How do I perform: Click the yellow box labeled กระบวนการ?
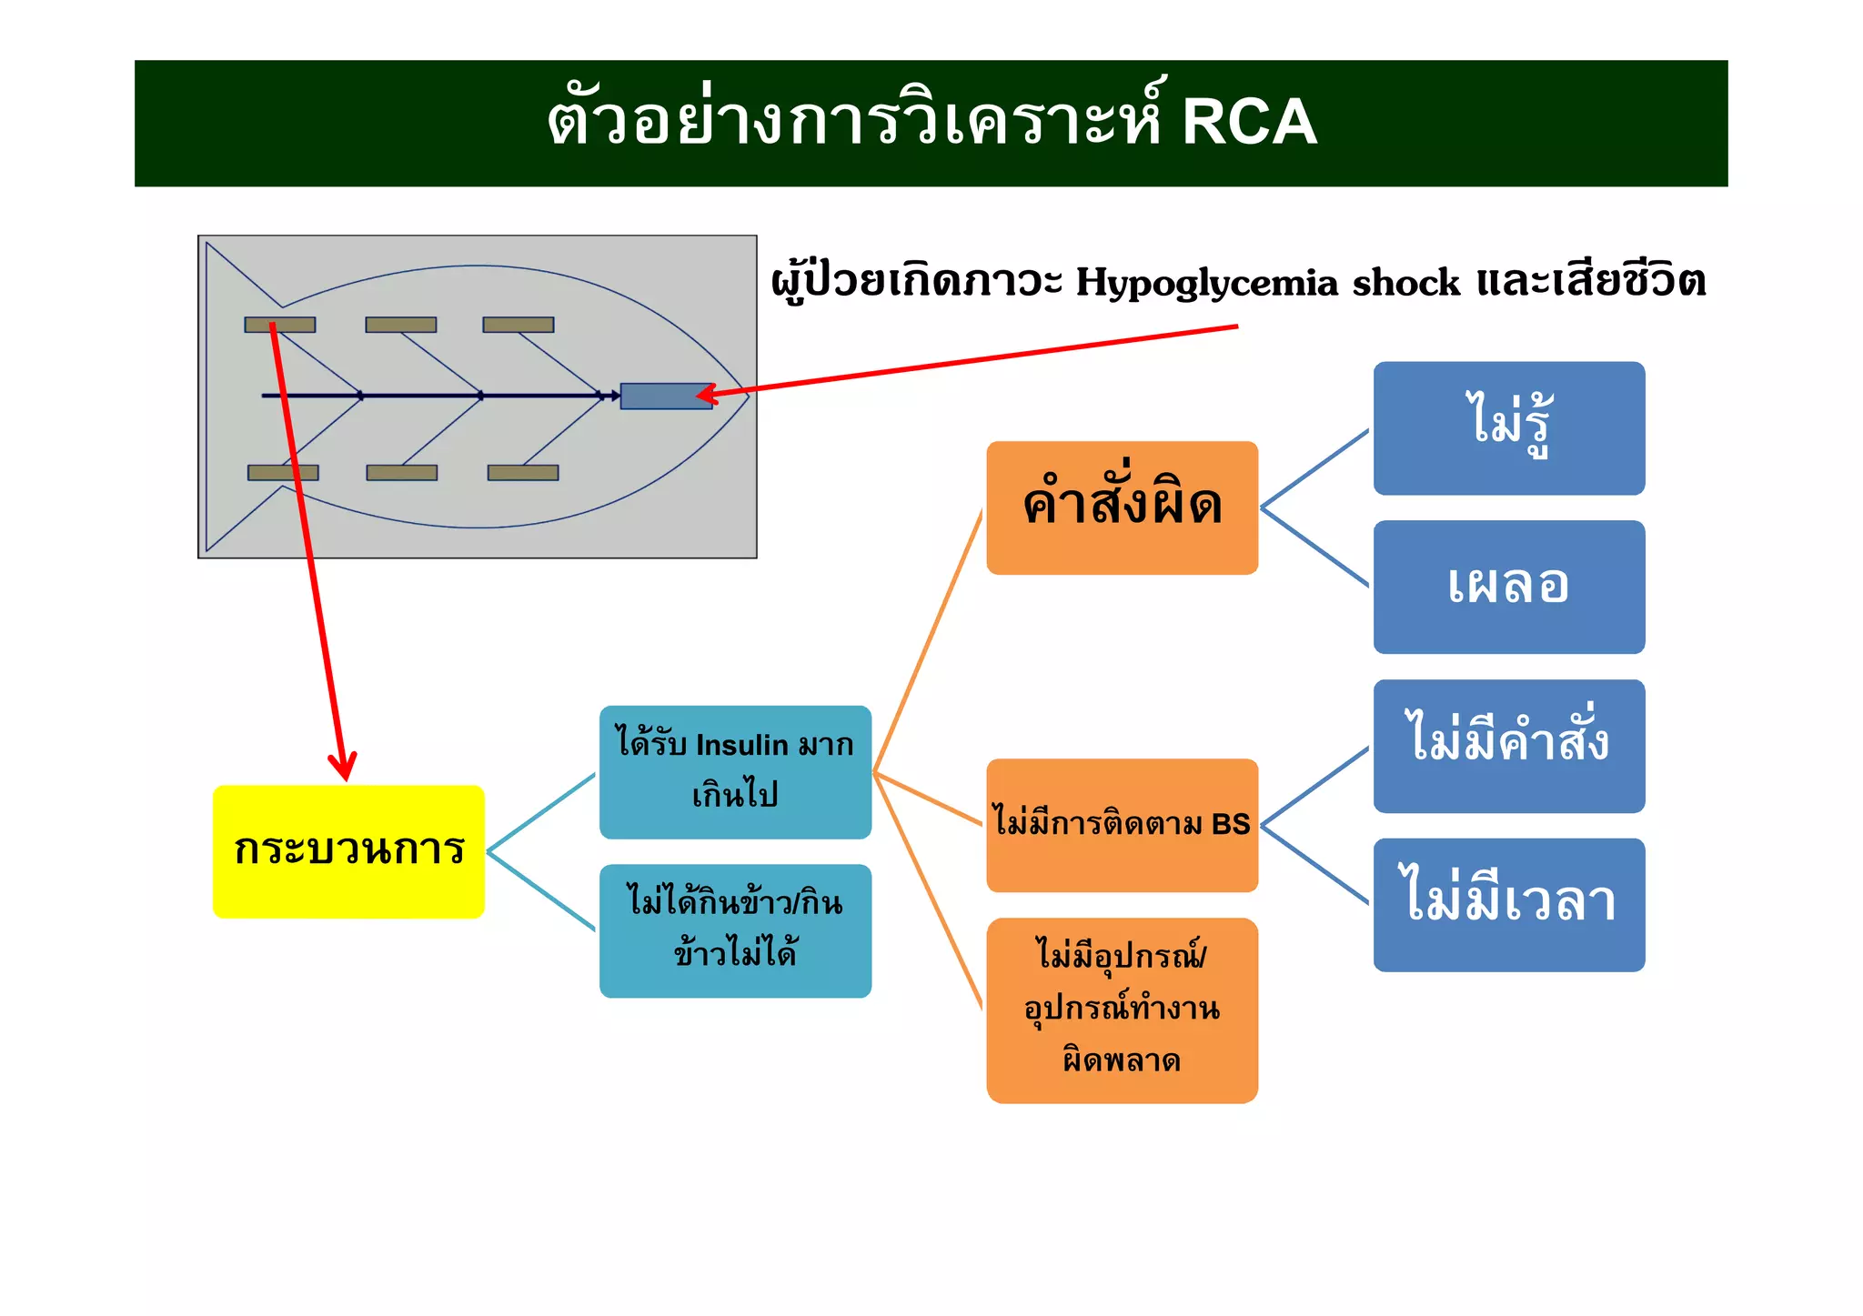348,851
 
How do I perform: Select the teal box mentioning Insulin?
735,771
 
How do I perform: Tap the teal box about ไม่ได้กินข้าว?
735,930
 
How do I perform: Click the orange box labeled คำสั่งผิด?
1122,507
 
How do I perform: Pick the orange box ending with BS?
1122,825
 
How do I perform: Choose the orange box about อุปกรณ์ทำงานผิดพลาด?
1122,1010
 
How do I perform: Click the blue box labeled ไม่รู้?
1508,428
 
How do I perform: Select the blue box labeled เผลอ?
1508,587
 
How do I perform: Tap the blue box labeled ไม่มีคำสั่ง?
1508,746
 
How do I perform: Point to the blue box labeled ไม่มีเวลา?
1508,905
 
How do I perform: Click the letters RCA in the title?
1249,122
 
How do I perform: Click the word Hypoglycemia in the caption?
1206,283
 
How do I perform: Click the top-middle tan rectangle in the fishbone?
400,325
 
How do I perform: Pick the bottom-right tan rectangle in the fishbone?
522,472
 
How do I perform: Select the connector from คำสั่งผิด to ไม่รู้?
1314,468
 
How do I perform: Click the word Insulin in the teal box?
741,745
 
